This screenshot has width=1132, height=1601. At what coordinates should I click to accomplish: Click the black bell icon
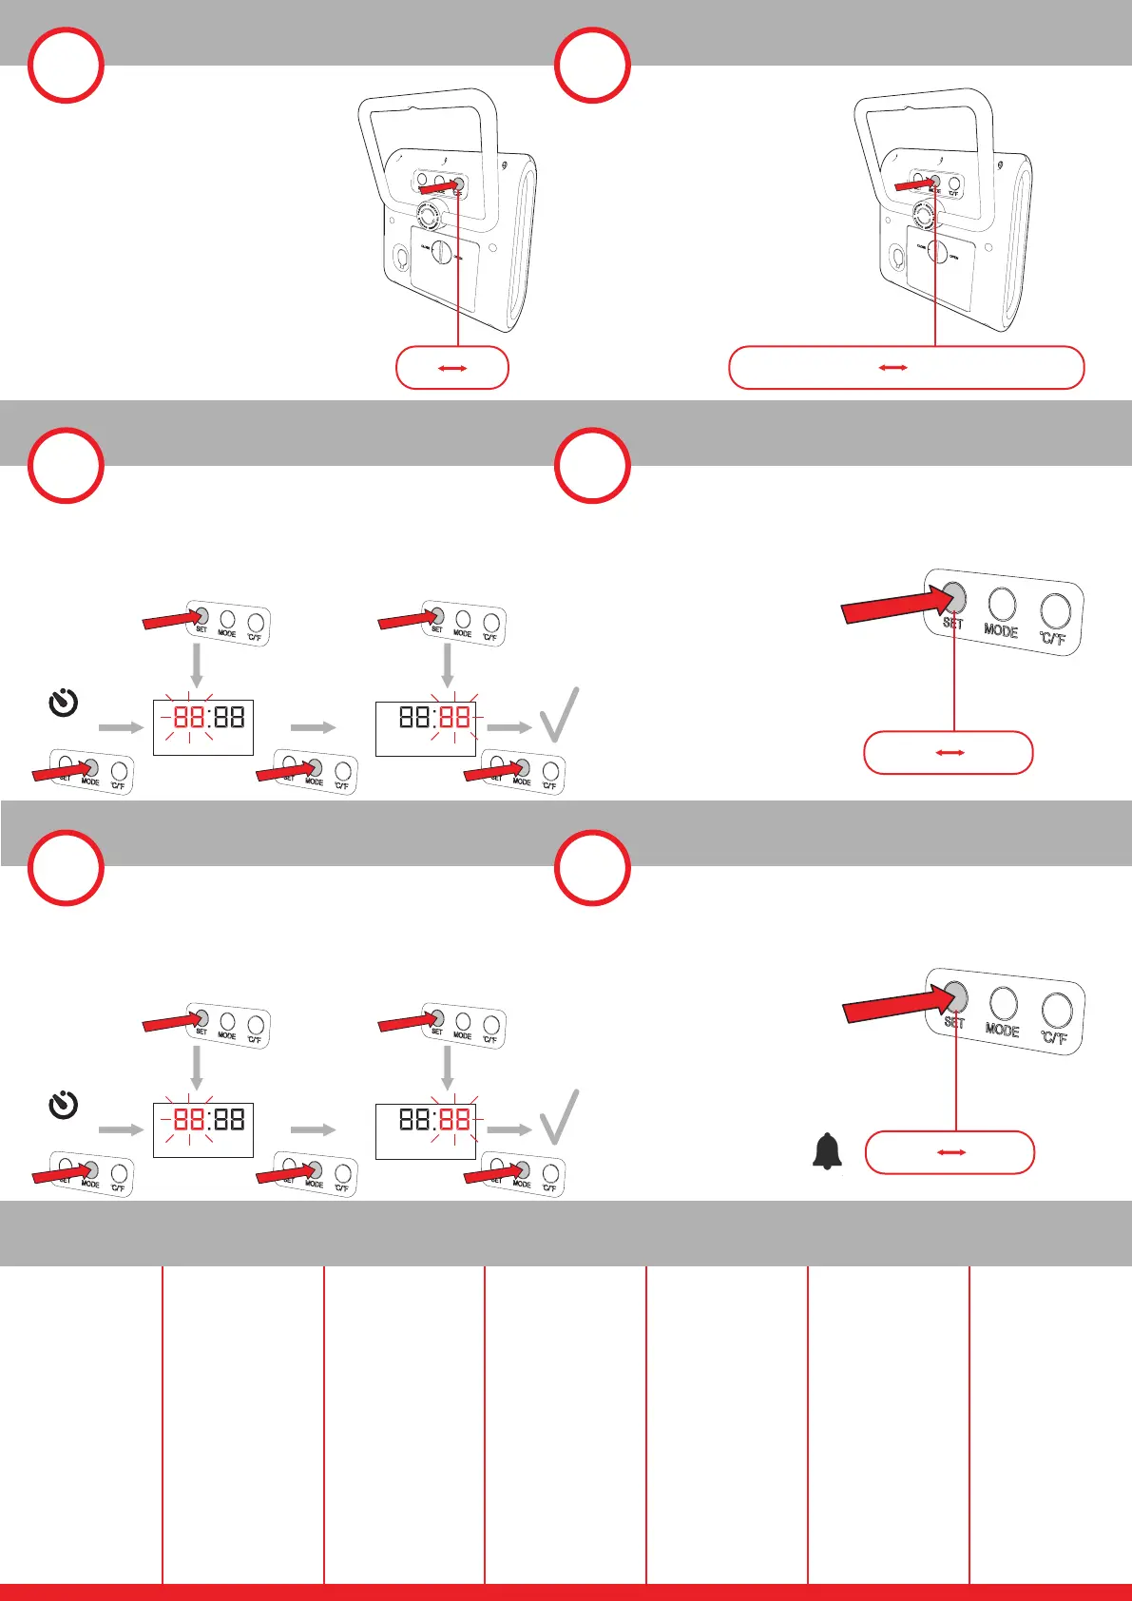(x=828, y=1151)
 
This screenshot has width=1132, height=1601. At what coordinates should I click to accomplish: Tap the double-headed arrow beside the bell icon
(x=951, y=1152)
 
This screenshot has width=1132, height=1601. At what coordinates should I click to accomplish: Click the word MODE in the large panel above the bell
(x=1002, y=1030)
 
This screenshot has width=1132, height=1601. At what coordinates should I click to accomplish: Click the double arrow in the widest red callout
(x=892, y=368)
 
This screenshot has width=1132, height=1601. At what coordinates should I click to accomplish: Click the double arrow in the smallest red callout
(x=452, y=368)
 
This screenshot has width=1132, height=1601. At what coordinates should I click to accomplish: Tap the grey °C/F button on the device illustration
(x=458, y=183)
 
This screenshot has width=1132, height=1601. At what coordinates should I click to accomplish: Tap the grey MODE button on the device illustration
(x=935, y=179)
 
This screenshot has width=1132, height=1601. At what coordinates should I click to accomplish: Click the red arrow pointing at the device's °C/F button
(x=437, y=189)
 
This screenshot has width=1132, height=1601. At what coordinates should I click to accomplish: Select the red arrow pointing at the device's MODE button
(x=913, y=183)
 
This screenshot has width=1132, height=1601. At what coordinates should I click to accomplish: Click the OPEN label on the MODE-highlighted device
(x=954, y=257)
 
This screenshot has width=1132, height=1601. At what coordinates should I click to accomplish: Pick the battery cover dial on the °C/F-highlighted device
(x=441, y=253)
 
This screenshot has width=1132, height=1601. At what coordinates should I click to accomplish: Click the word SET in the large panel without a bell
(x=952, y=624)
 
